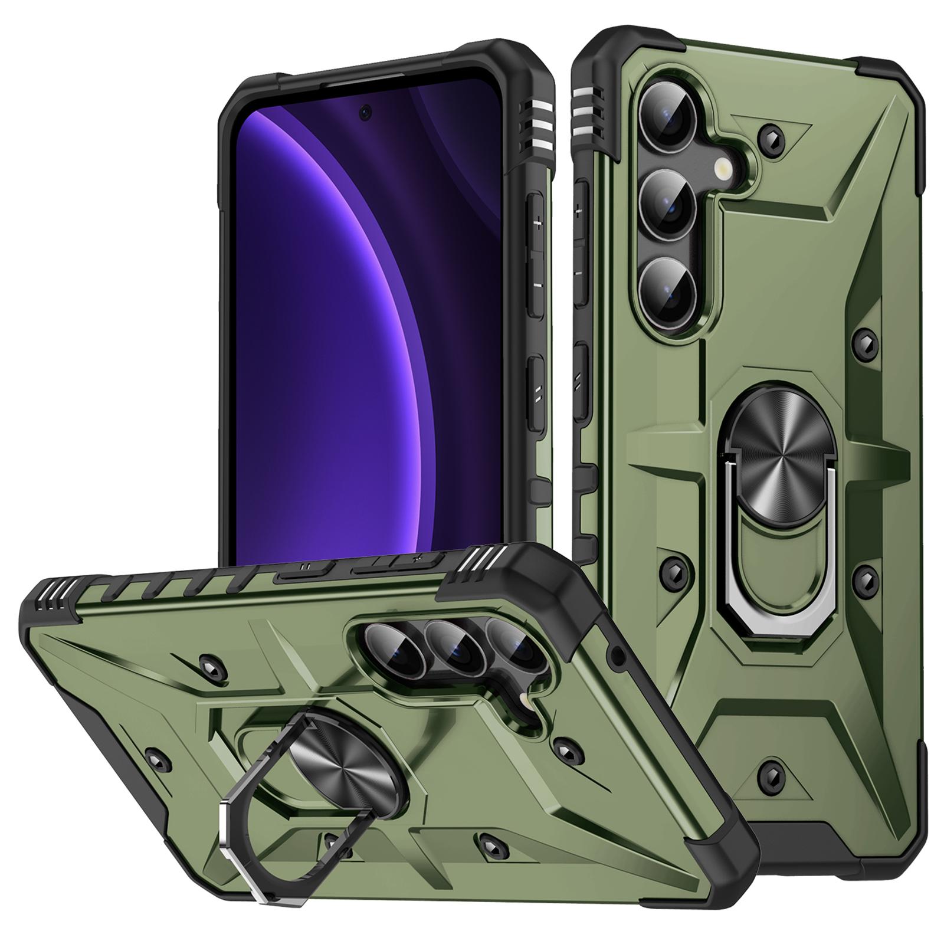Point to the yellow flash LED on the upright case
click(724, 171)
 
